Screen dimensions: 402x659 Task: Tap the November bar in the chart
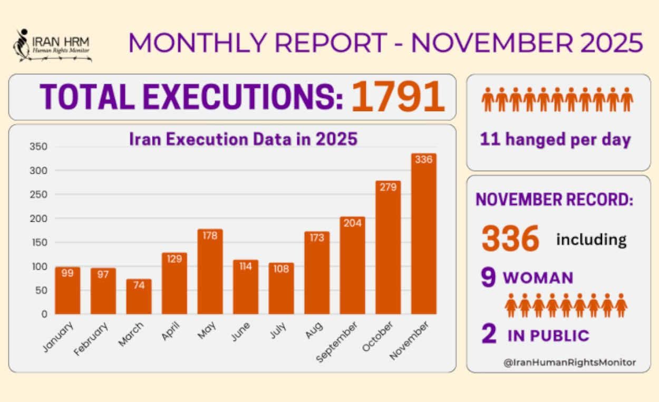(424, 234)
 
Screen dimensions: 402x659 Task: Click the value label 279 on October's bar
(388, 187)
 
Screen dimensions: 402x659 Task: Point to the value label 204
(353, 223)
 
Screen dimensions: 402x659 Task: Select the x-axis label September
(337, 342)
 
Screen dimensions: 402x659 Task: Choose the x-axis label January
(57, 337)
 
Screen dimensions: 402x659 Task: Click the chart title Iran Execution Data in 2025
(244, 140)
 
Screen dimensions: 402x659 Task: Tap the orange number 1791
(398, 97)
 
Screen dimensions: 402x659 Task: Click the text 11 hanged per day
(555, 140)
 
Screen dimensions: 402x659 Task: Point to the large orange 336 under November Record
(510, 239)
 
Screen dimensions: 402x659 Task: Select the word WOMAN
(538, 278)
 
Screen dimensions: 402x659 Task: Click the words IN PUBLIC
(548, 336)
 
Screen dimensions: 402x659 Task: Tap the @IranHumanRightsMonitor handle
(569, 362)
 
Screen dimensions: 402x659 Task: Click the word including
(592, 240)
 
